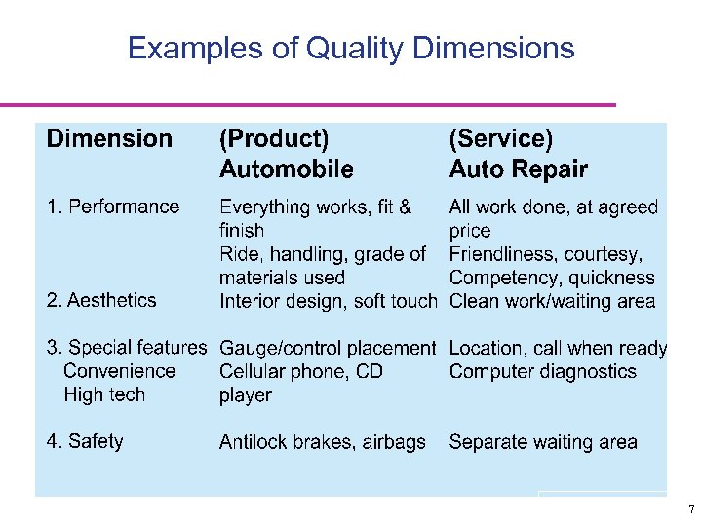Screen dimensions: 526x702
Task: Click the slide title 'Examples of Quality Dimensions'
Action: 351,48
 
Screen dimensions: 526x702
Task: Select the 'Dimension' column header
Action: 109,139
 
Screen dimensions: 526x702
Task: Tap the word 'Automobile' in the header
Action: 286,170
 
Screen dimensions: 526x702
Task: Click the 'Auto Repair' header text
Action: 518,170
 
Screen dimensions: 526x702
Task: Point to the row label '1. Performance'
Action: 113,207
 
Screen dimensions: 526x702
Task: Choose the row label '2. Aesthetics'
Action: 101,300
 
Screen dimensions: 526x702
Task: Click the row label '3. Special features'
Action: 127,348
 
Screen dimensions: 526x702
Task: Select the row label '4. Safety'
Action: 85,441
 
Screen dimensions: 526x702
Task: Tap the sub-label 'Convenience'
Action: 119,371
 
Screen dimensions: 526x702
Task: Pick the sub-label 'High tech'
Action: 103,394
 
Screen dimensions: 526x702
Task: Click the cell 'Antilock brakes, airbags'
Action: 323,442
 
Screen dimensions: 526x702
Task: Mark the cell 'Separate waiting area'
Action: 543,442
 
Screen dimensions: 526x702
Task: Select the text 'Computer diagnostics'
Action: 542,371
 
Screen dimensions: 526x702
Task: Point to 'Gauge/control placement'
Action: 328,348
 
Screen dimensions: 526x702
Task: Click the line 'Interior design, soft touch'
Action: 328,301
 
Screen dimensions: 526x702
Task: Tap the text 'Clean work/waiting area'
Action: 552,301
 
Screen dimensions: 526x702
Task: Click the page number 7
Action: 690,509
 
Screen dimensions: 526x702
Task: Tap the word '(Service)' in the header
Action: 500,139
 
